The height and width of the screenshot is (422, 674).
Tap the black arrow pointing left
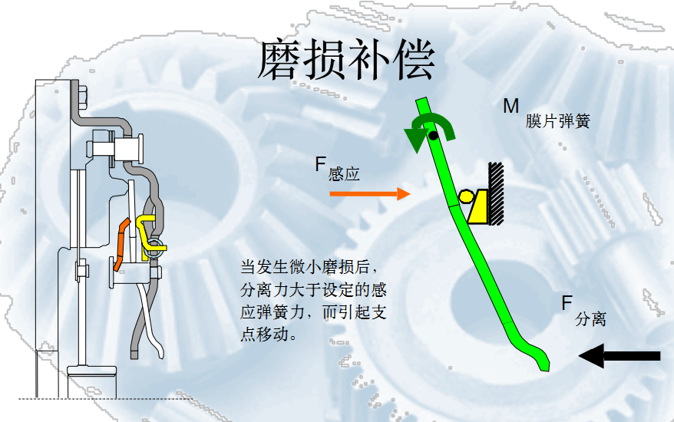[619, 355]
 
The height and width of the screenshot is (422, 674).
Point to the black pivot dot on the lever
[433, 136]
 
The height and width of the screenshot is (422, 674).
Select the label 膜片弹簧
[558, 121]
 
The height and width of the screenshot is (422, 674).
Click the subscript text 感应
[344, 174]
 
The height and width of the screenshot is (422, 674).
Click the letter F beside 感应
[321, 163]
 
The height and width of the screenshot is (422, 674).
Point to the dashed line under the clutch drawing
[100, 398]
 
